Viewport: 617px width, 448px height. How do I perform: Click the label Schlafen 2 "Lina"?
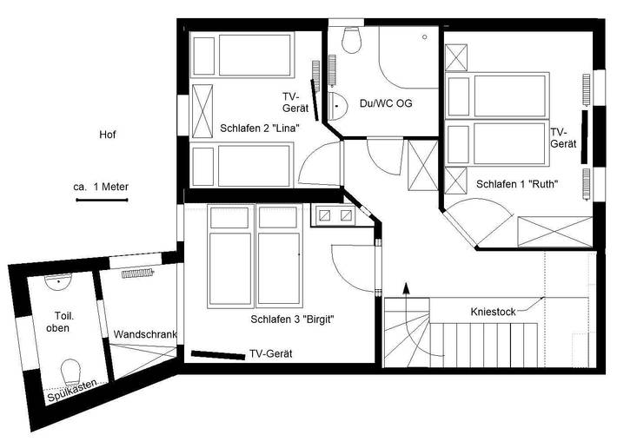(x=260, y=128)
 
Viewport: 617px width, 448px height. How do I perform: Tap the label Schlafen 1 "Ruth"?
(x=516, y=183)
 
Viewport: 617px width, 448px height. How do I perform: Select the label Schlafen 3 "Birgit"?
(x=293, y=320)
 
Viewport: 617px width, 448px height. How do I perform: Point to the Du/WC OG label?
(x=385, y=103)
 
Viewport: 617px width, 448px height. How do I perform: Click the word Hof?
(x=107, y=135)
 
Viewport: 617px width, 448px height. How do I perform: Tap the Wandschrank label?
(x=144, y=334)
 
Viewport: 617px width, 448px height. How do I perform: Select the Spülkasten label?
(x=71, y=395)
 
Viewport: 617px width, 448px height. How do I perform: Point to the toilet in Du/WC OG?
(x=352, y=39)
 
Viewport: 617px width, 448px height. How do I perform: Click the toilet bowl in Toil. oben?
(x=71, y=371)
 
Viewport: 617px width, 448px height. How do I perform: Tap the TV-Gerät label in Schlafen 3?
(x=270, y=354)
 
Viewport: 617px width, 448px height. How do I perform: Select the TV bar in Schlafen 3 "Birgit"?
(x=217, y=354)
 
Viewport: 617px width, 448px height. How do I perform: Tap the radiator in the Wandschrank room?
(x=136, y=272)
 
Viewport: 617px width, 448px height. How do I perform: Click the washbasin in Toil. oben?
(x=57, y=281)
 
